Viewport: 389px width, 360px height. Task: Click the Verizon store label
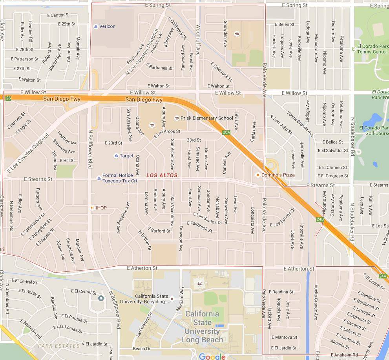tap(107, 26)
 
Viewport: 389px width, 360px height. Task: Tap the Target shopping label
tap(126, 156)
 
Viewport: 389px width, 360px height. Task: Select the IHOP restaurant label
tap(101, 208)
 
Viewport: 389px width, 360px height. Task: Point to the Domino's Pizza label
tap(278, 175)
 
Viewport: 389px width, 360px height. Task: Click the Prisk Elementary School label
tap(206, 118)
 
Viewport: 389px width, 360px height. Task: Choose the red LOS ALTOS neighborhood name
tap(162, 175)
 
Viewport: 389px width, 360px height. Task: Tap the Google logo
tap(212, 356)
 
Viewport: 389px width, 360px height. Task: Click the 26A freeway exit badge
tap(226, 132)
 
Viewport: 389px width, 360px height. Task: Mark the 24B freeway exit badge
tap(320, 219)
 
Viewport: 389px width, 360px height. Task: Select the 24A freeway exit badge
tap(383, 276)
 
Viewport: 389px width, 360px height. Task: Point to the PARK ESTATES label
tap(58, 346)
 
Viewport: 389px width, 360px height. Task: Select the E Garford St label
tap(159, 231)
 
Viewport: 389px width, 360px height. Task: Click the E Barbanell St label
tap(161, 68)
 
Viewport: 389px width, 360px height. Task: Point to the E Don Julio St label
tap(281, 125)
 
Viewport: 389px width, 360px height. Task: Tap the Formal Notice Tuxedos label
tap(120, 178)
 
